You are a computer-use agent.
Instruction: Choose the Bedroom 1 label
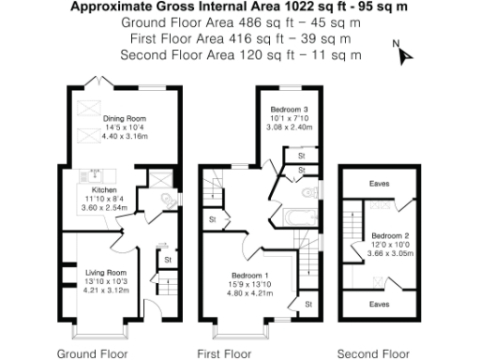[250, 274]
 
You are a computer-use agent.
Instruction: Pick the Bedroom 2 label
[388, 235]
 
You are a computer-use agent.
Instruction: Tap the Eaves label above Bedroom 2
[379, 184]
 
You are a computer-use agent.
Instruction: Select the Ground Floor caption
[93, 353]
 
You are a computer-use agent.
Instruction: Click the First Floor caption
[224, 353]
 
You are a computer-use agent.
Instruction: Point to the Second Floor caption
[373, 353]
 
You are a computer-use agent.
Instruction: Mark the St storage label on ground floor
[167, 260]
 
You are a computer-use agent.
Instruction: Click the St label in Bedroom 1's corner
[307, 304]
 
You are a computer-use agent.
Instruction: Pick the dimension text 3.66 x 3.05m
[388, 253]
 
